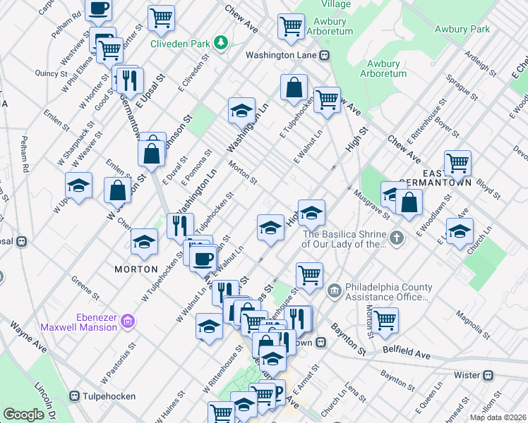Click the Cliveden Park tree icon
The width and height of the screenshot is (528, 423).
coord(222,42)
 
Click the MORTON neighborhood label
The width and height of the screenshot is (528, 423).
coord(136,269)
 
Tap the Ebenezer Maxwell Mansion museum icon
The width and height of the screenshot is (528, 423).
coord(128,322)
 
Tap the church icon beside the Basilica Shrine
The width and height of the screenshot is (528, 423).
coord(397,238)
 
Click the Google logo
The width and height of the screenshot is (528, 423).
coord(23,415)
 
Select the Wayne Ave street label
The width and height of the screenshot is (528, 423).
coord(28,337)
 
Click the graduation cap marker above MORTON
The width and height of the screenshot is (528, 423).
coord(144,242)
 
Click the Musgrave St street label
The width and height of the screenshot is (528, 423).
coord(372,202)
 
